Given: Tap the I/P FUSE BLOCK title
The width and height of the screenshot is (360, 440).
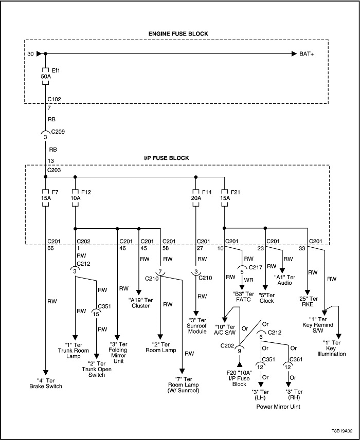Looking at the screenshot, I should coord(177,157).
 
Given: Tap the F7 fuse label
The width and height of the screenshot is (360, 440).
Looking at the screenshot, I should coord(55,192).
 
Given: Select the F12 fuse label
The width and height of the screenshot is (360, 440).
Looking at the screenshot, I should coord(85,192).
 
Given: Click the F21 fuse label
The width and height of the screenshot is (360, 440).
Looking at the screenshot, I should coord(235,192).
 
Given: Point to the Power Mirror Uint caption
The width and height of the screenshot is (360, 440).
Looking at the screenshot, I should coord(278,406).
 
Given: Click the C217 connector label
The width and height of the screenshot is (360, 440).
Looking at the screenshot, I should coord(256,267).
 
